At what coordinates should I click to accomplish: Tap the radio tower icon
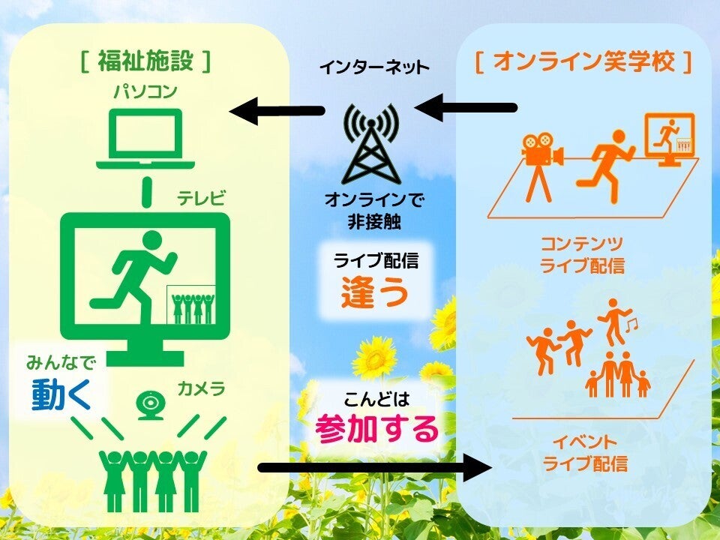(370, 147)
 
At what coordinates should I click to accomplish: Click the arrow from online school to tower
(465, 108)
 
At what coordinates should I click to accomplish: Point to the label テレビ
(201, 199)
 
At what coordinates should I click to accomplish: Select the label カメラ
(201, 389)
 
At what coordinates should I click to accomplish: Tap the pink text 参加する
(376, 430)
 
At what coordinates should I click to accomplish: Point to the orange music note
(631, 323)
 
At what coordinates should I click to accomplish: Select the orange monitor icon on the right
(670, 139)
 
